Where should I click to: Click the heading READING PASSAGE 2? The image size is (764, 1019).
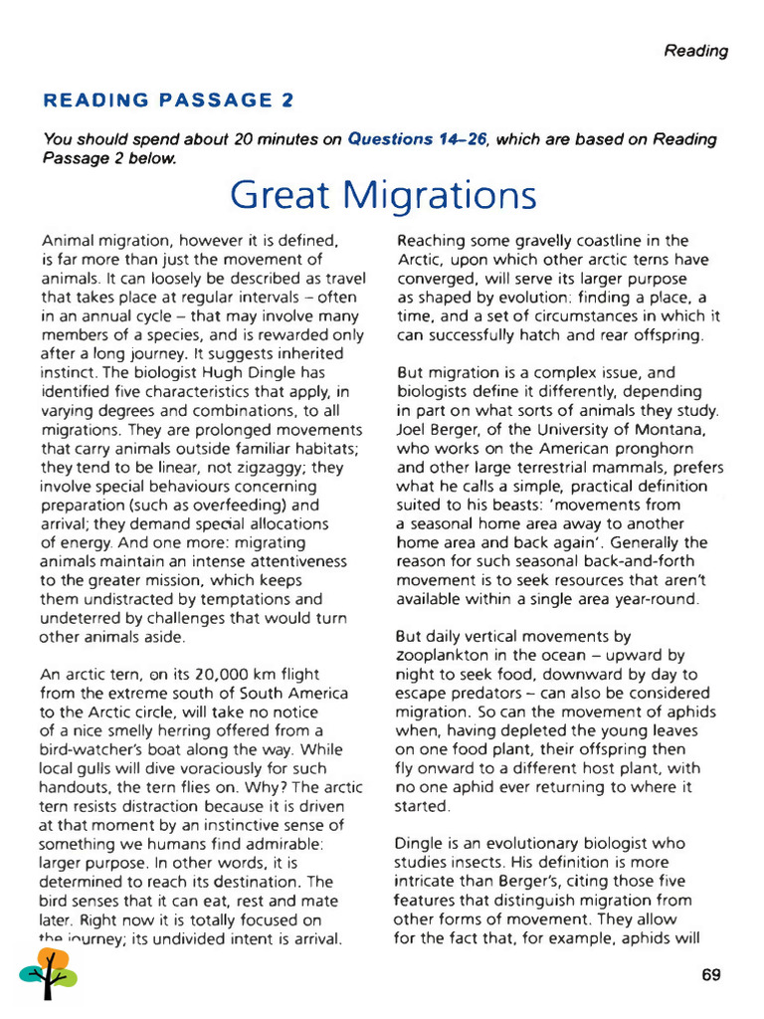pos(169,101)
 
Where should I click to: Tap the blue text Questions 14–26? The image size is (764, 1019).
pos(417,139)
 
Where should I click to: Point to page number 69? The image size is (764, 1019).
pos(710,975)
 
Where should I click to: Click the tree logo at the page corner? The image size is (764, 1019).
pos(48,973)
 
